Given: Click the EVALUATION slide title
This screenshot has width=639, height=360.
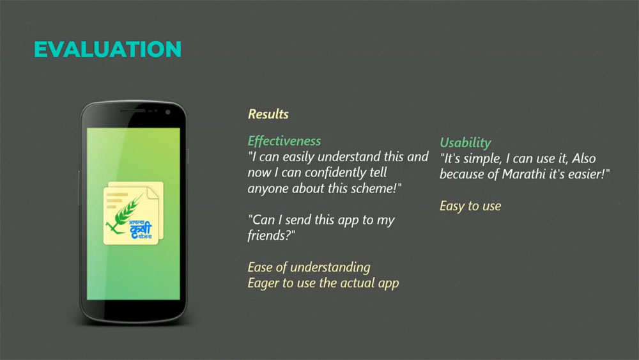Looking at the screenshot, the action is tap(107, 49).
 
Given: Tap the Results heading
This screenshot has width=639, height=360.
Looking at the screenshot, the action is tap(268, 114).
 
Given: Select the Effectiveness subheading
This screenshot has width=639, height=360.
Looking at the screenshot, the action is tap(284, 141).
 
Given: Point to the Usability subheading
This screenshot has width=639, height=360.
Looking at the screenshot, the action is tap(465, 143).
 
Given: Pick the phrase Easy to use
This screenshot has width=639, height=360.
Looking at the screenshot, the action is tap(470, 206).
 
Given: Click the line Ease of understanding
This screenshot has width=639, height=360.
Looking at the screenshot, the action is tap(309, 267).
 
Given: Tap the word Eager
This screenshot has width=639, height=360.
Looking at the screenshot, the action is tap(263, 283).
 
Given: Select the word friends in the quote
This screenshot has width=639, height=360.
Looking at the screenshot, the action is tap(268, 235).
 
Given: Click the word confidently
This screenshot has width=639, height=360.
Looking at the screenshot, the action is tap(335, 173).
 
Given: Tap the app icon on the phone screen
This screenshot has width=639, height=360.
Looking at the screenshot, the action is tap(134, 213).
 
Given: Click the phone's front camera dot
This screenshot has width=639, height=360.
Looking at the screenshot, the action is tap(167, 112).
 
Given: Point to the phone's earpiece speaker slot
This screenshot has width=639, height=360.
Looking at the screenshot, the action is tap(133, 111).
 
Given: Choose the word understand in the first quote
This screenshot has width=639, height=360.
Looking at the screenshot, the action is tap(350, 157).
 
